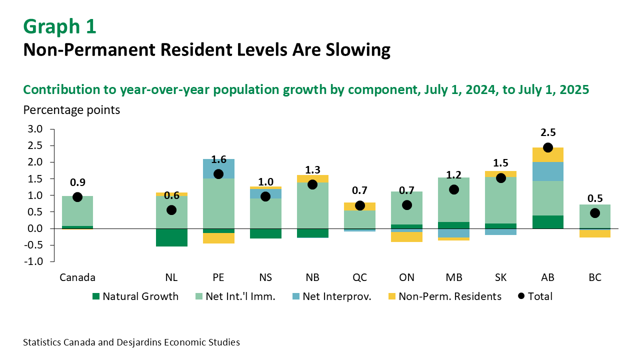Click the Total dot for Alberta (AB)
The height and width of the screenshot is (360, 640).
(x=547, y=147)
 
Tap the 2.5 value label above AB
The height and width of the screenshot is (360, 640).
(x=547, y=132)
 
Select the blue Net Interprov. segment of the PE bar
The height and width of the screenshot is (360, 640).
(x=218, y=168)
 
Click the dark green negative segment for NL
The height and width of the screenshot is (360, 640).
(x=171, y=237)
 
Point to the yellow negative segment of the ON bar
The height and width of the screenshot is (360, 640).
(x=407, y=236)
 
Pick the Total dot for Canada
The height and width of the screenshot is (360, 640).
(x=77, y=197)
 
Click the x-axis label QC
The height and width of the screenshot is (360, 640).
(x=360, y=277)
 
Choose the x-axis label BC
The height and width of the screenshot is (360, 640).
(x=594, y=277)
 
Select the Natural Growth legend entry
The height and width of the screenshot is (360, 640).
(x=135, y=296)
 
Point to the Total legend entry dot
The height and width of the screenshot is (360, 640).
(x=521, y=296)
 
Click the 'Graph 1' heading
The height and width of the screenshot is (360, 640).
(x=59, y=26)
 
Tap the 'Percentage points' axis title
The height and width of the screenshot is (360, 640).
(x=71, y=110)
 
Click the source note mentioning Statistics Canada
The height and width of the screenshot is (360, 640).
(x=131, y=342)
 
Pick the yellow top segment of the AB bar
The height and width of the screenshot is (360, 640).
(x=547, y=154)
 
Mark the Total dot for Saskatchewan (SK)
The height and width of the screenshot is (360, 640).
(x=501, y=178)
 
